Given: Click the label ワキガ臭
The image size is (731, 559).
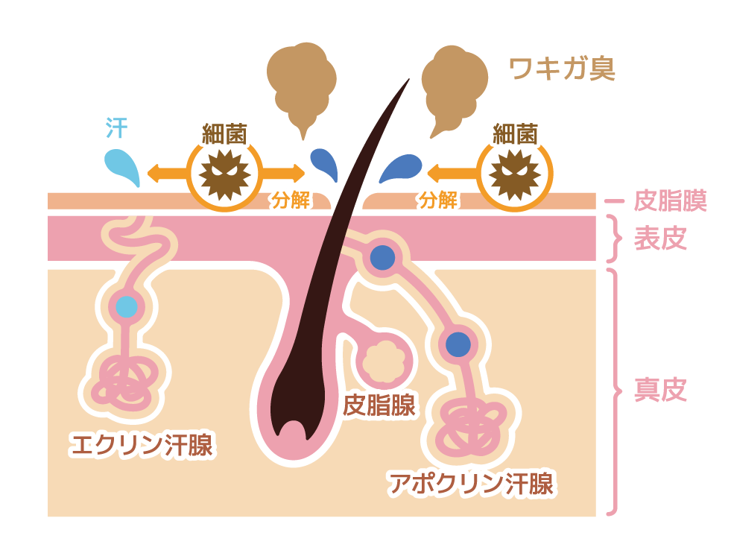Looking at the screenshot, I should point(562,69).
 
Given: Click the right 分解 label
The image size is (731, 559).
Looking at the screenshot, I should point(437,200).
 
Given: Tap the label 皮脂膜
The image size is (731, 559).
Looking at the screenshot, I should point(670,200).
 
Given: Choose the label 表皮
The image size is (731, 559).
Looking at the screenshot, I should point(659,239).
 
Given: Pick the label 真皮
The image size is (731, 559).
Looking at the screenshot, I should point(659,390).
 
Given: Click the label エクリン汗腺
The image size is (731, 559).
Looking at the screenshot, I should point(141,445).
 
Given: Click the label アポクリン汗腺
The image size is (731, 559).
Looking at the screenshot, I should point(471,483).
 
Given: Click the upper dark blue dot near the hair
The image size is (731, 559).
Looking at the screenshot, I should point(382,257).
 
